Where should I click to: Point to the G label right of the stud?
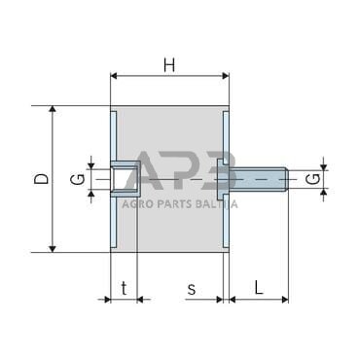coord(310,179)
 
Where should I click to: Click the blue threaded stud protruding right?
coord(259,179)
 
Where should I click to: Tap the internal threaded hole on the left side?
coord(122,179)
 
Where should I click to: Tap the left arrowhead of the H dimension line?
coord(116,75)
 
